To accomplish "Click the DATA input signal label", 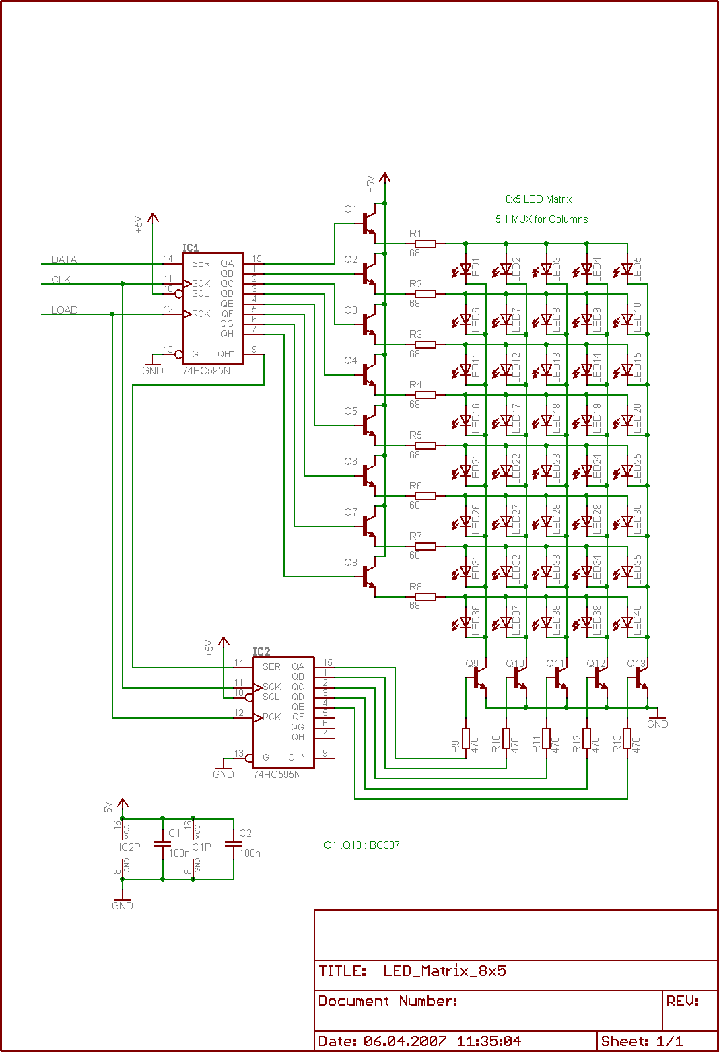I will click(x=64, y=260).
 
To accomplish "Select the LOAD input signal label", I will click(x=65, y=310).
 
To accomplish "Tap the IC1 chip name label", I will click(x=191, y=248).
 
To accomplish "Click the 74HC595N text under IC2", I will click(x=277, y=775).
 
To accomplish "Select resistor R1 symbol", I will click(x=425, y=244).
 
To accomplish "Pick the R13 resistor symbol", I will click(x=627, y=738).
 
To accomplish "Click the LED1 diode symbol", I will click(x=465, y=270).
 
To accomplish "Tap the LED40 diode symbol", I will click(x=627, y=623).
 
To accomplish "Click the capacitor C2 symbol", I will click(x=233, y=844).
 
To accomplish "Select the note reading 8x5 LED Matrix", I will click(x=538, y=199).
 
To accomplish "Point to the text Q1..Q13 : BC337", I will click(x=362, y=845).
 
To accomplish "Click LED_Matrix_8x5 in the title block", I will click(x=444, y=971).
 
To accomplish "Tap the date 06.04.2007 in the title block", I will click(x=405, y=1041).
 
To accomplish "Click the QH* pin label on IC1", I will click(x=226, y=354).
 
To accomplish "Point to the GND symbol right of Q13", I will click(x=657, y=720).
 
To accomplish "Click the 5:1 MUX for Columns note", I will click(x=541, y=219).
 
